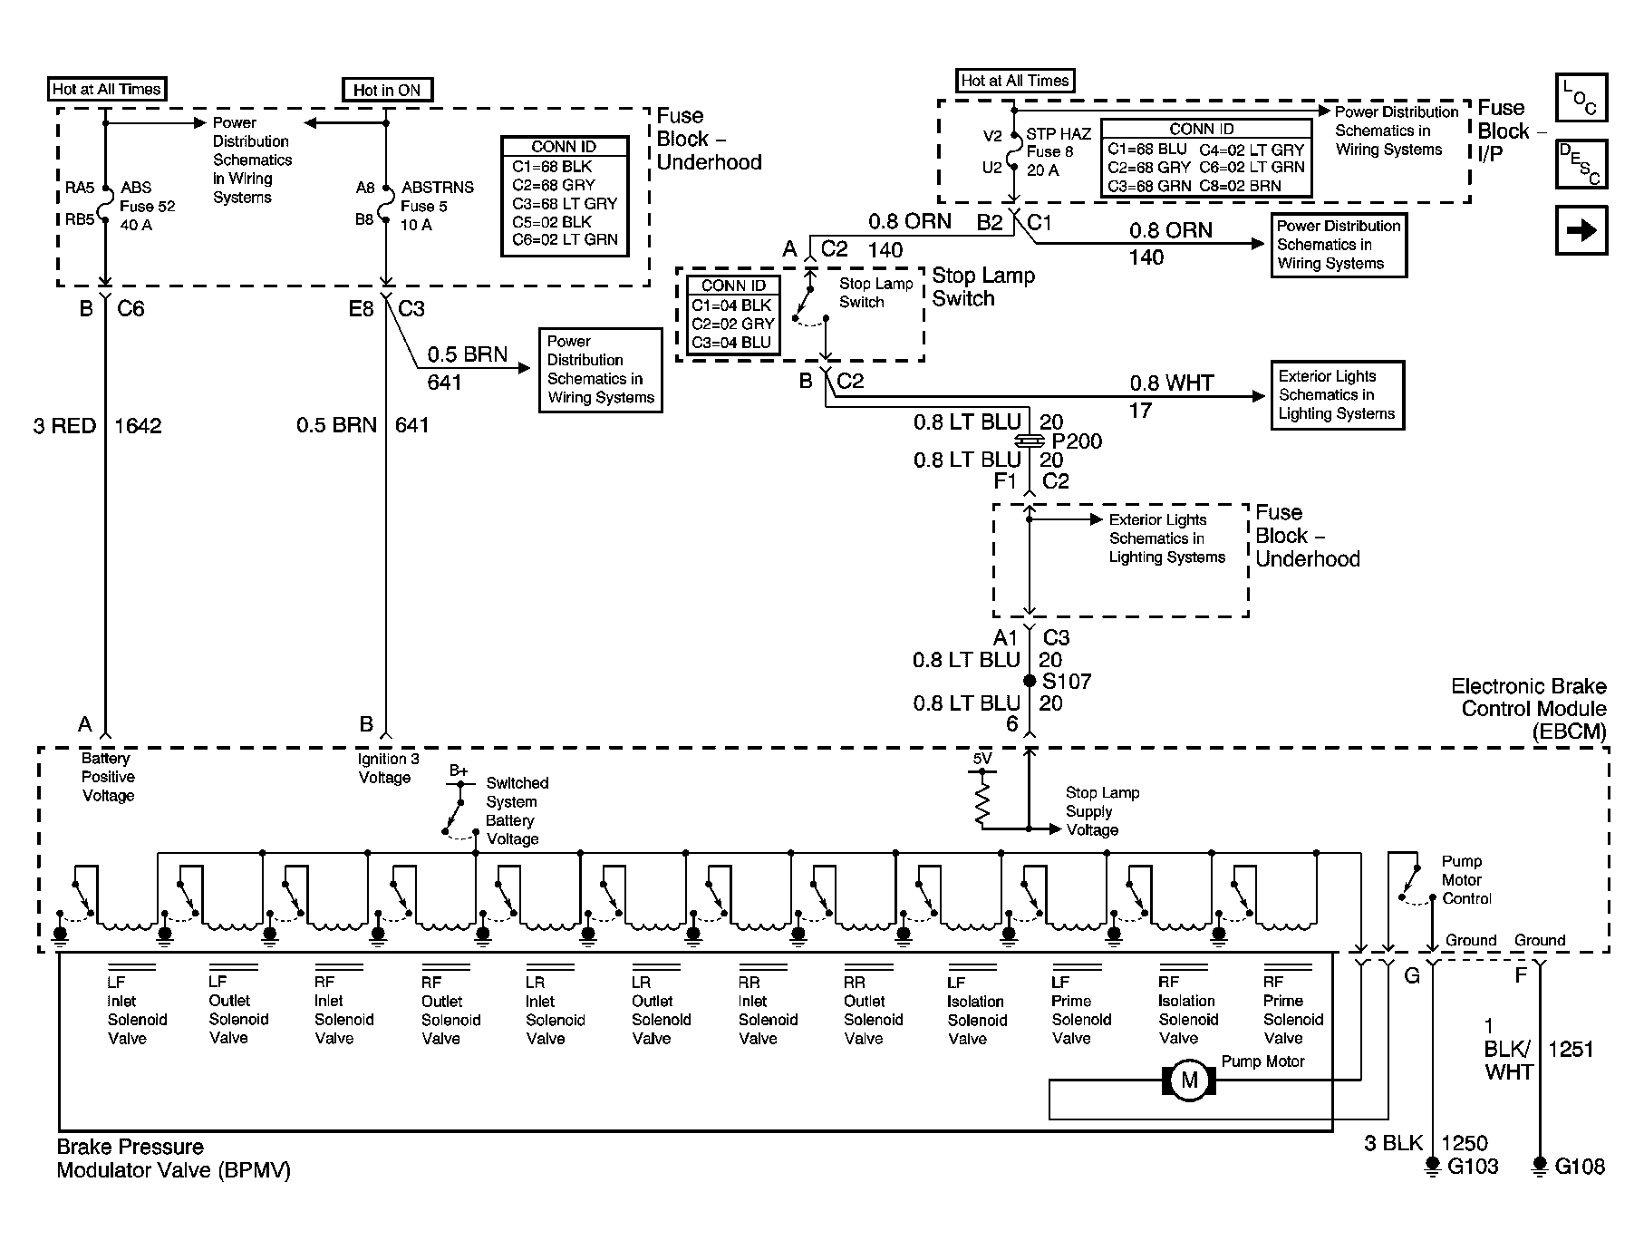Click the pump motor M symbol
pyautogui.click(x=1189, y=1080)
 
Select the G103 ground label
pyautogui.click(x=1473, y=1167)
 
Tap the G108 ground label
pyautogui.click(x=1580, y=1167)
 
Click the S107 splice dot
pyautogui.click(x=1030, y=681)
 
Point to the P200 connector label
pyautogui.click(x=1076, y=441)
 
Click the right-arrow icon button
pyautogui.click(x=1581, y=230)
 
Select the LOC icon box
pyautogui.click(x=1581, y=98)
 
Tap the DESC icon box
pyautogui.click(x=1581, y=164)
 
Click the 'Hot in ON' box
pyautogui.click(x=387, y=90)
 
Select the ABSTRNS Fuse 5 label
pyautogui.click(x=436, y=206)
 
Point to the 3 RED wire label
pyautogui.click(x=64, y=426)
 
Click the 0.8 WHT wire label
pyautogui.click(x=1171, y=383)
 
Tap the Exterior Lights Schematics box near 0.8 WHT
pyautogui.click(x=1337, y=395)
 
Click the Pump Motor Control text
pyautogui.click(x=1465, y=880)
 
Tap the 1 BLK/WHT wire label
pyautogui.click(x=1507, y=1050)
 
